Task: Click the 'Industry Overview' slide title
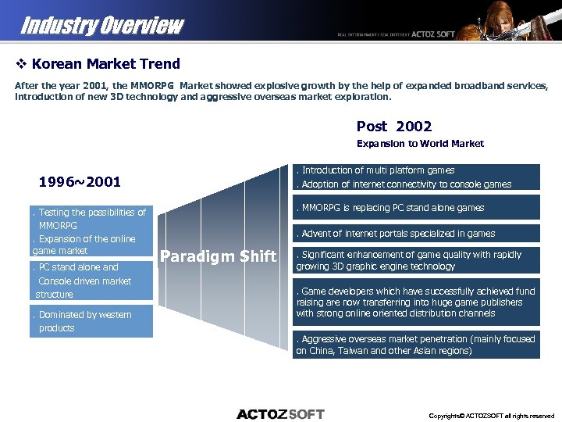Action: (101, 25)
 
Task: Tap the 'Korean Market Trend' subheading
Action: (106, 64)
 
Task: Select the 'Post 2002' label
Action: (393, 126)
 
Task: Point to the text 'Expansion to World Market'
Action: (420, 143)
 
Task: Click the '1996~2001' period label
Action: (80, 182)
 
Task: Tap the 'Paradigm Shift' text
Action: (218, 256)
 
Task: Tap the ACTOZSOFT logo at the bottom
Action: (280, 413)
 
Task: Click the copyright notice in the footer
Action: (491, 415)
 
